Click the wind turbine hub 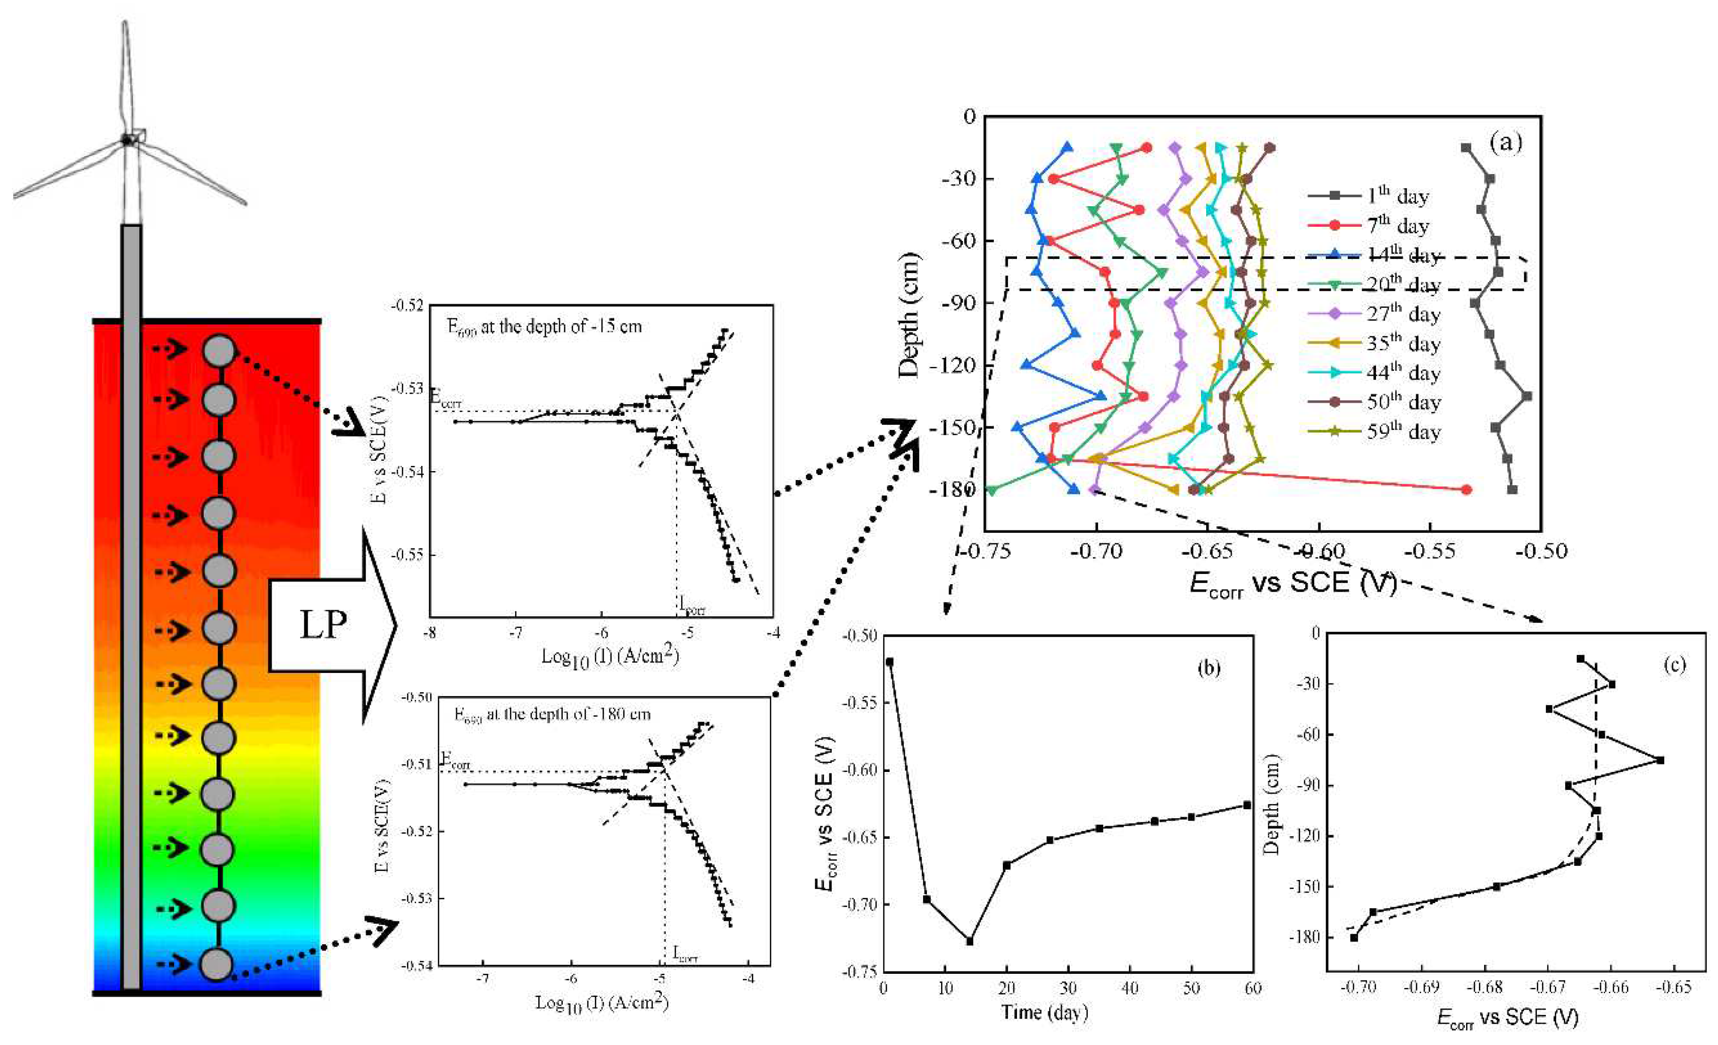[127, 140]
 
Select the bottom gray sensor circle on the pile [216, 965]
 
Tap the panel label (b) [1209, 668]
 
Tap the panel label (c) [1673, 664]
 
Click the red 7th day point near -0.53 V [1466, 489]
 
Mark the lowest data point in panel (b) [969, 941]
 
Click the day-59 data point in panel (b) [1247, 805]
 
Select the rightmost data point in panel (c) [1660, 760]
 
